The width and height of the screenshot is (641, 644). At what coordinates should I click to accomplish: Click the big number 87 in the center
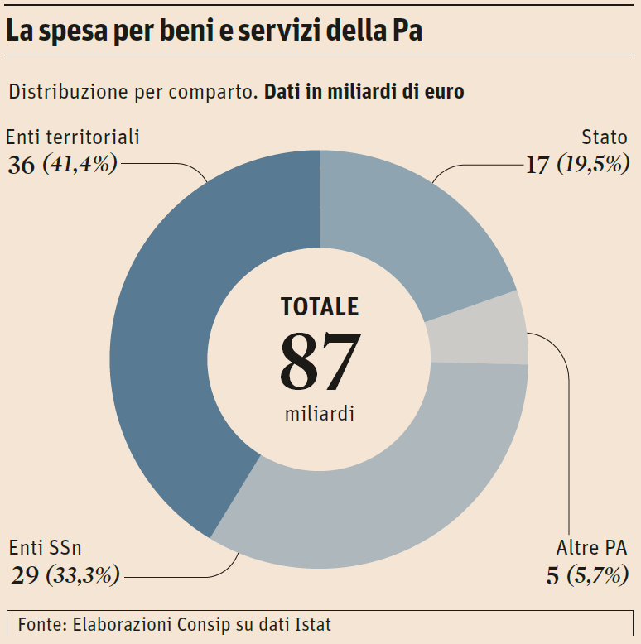coord(320,362)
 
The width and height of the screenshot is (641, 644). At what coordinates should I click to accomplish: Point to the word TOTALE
coord(320,307)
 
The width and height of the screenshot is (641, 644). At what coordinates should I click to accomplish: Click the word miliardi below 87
coord(320,413)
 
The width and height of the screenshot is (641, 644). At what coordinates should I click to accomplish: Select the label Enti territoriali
coord(73,137)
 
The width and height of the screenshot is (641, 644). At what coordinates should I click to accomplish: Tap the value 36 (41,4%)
coord(63,164)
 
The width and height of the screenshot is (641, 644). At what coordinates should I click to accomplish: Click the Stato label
coord(604,137)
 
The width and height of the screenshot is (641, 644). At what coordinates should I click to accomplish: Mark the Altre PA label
coord(591,547)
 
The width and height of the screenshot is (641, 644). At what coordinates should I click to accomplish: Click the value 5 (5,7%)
coord(586,574)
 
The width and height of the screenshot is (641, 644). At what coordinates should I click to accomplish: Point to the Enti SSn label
coord(46,547)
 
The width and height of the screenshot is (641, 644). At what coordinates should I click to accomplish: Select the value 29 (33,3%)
coord(65,574)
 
